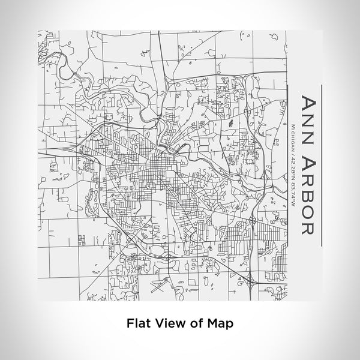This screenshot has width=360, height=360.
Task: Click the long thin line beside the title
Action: (x=322, y=164)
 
